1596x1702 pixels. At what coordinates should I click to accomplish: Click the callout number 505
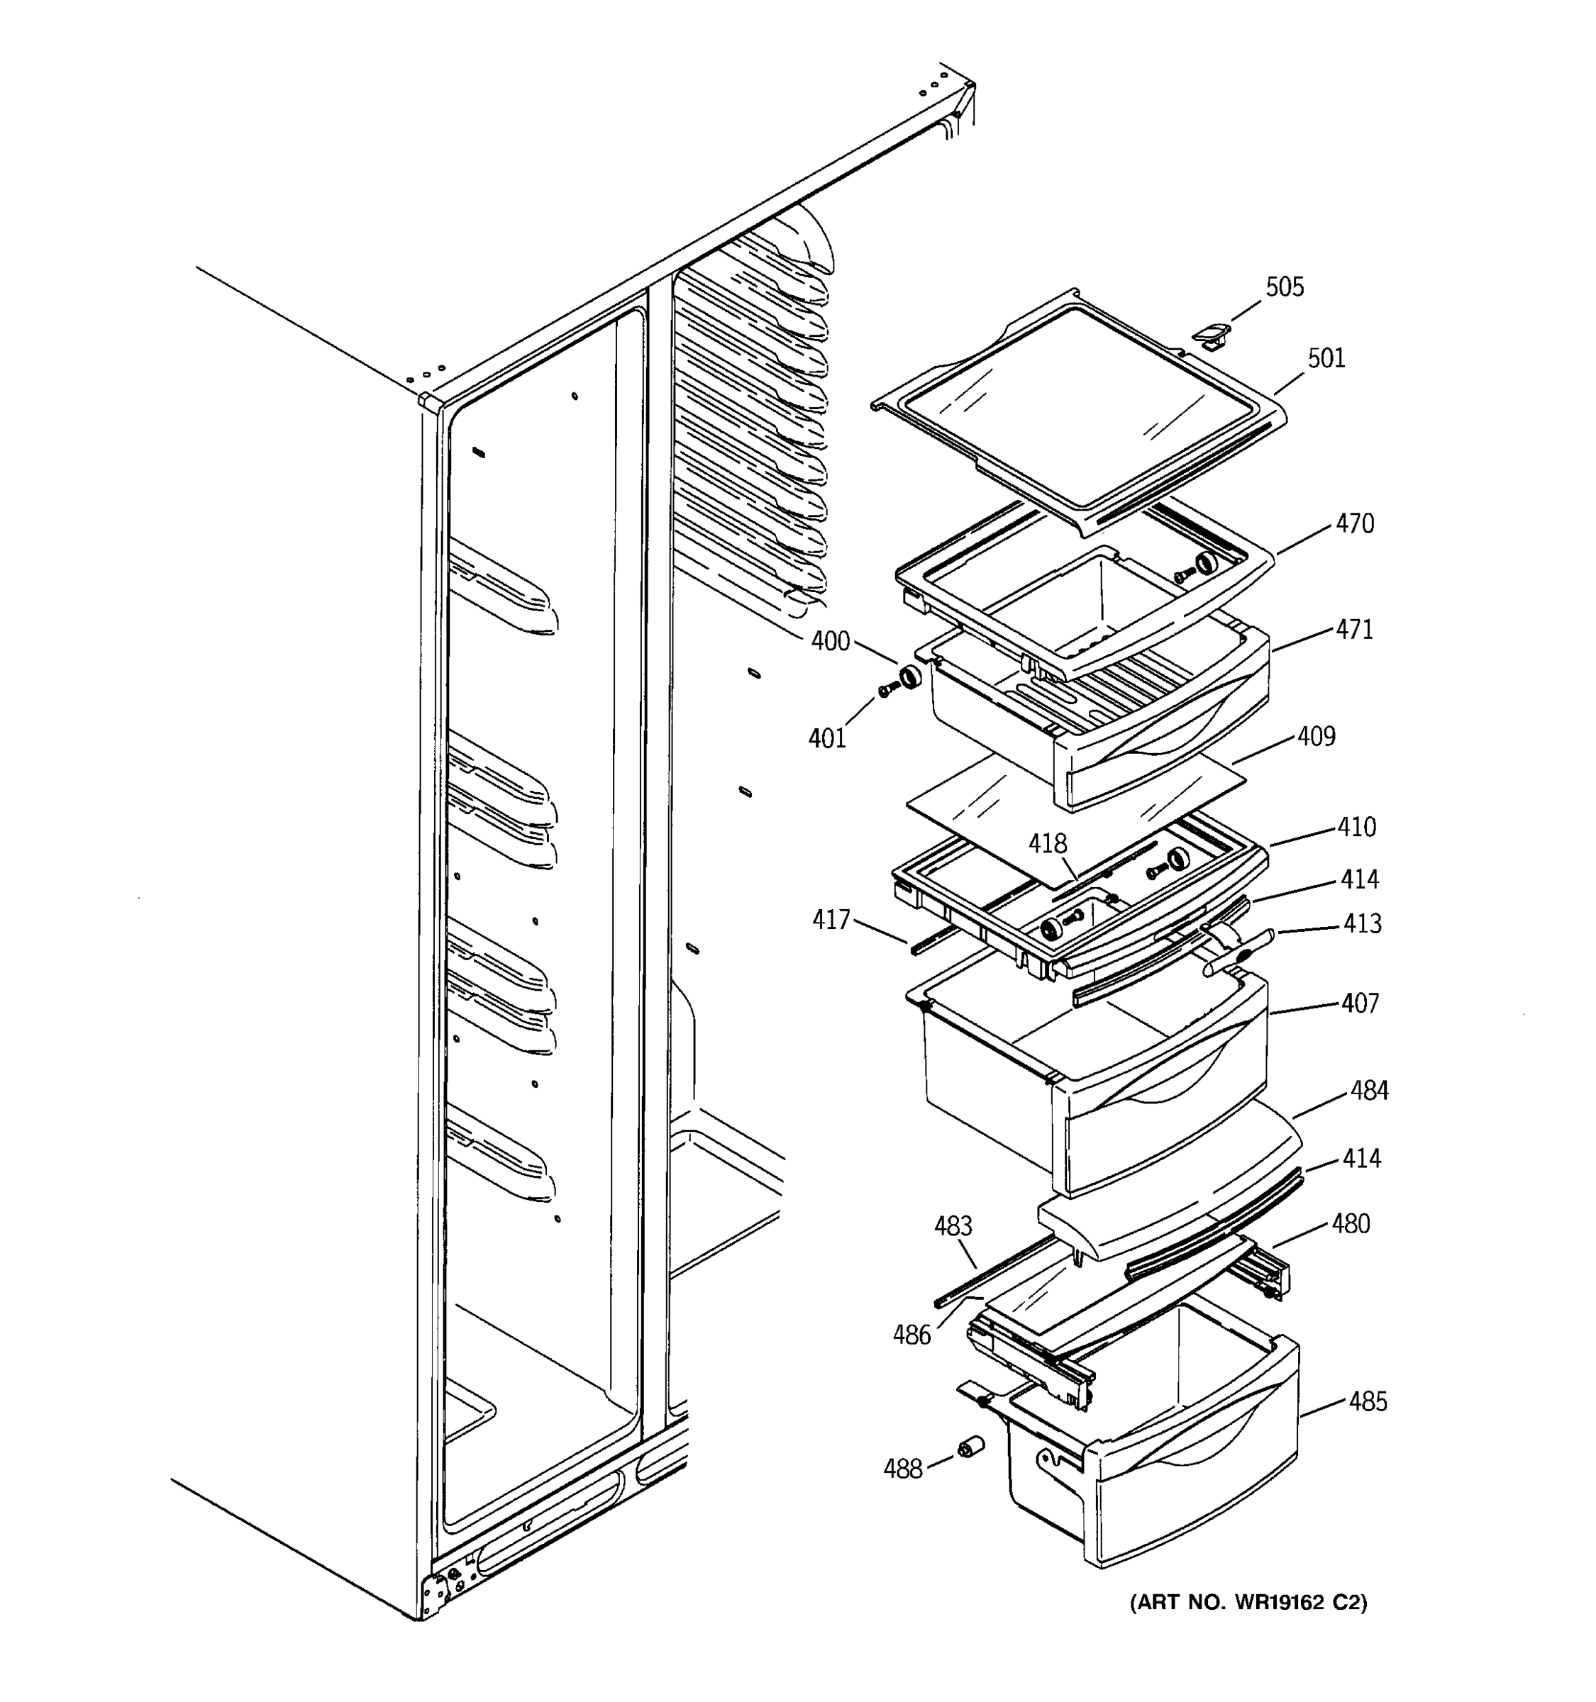click(x=1285, y=287)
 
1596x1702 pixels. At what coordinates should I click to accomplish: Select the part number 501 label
click(x=1326, y=358)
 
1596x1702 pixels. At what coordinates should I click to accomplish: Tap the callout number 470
click(x=1355, y=523)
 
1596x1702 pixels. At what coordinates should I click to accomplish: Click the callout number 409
click(x=1316, y=735)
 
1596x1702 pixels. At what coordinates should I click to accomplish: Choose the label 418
click(x=1048, y=843)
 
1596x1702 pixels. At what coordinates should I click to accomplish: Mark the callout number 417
click(x=831, y=920)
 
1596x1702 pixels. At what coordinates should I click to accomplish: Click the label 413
click(x=1362, y=923)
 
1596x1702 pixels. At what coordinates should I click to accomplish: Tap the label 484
click(x=1369, y=1090)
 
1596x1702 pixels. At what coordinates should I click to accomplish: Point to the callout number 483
click(x=953, y=1226)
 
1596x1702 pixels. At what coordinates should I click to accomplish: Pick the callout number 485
click(x=1368, y=1401)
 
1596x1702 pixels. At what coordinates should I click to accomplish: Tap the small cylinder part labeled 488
click(x=970, y=1447)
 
